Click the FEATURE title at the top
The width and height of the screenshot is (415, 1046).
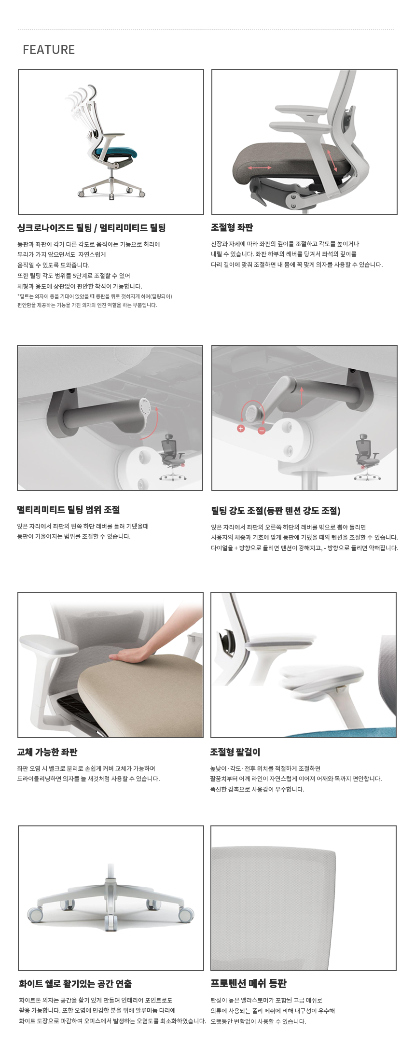pyautogui.click(x=49, y=50)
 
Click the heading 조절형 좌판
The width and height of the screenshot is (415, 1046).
pyautogui.click(x=232, y=227)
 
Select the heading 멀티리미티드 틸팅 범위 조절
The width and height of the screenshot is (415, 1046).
pyautogui.click(x=69, y=510)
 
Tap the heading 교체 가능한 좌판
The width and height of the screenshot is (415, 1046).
pyautogui.click(x=47, y=752)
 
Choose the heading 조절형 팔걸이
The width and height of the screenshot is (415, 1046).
pyautogui.click(x=235, y=752)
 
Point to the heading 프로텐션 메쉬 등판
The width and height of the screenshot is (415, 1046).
pyautogui.click(x=249, y=983)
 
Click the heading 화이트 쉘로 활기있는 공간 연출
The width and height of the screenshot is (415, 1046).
pyautogui.click(x=75, y=984)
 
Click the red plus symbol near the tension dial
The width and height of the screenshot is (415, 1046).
pyautogui.click(x=241, y=429)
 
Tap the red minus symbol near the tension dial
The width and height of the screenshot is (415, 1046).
pyautogui.click(x=262, y=430)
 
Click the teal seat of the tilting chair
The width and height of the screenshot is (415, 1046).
pyautogui.click(x=116, y=154)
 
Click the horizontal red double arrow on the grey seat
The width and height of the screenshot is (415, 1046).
pyautogui.click(x=260, y=167)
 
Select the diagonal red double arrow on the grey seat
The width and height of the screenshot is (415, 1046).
pyautogui.click(x=332, y=160)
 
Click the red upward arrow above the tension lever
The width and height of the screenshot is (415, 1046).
pyautogui.click(x=302, y=395)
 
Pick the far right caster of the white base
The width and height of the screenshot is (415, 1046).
pyautogui.click(x=186, y=914)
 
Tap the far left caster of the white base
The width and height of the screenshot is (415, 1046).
pyautogui.click(x=35, y=914)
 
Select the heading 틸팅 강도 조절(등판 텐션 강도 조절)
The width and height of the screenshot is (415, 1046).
pyautogui.click(x=276, y=511)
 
